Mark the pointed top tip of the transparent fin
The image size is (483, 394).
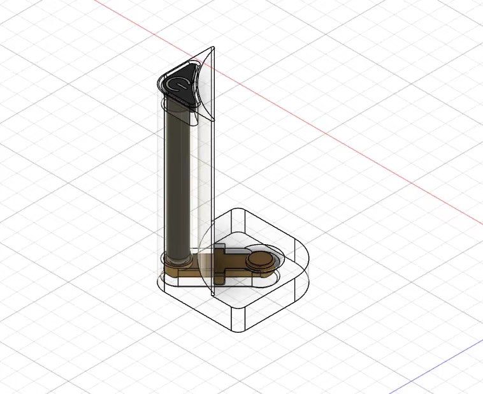point(214,46)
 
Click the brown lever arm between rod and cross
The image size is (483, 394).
point(198,268)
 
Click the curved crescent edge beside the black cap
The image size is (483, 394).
point(199,89)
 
